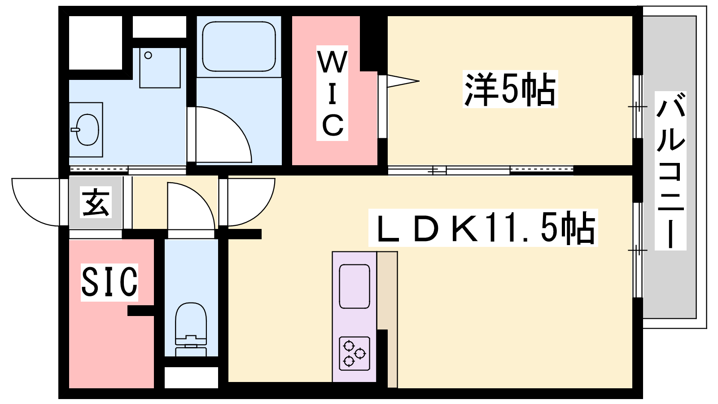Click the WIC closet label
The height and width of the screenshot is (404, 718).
click(332, 93)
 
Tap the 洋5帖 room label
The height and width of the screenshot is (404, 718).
click(510, 89)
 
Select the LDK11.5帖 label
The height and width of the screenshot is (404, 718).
click(483, 228)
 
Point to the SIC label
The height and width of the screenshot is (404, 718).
click(109, 282)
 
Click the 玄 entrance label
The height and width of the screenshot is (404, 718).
click(96, 202)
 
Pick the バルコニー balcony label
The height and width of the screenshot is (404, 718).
click(670, 171)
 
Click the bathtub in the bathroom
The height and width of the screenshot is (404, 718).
click(239, 47)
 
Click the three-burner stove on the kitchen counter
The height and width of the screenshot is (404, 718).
click(354, 354)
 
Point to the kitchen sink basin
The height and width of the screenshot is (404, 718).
click(354, 286)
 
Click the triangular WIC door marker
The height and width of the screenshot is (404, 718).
click(403, 81)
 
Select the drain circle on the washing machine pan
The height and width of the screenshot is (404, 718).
click(148, 56)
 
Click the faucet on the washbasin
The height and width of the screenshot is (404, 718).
click(75, 130)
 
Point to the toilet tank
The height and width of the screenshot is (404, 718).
click(191, 346)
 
